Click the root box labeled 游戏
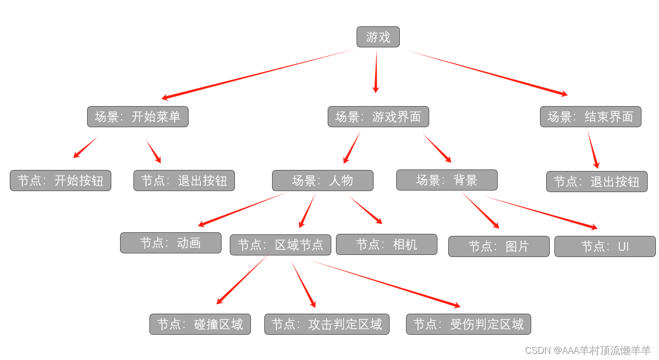tap(378, 37)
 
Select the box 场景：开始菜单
tap(138, 117)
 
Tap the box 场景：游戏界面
tap(378, 117)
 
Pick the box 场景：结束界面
tap(590, 117)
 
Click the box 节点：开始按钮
tap(60, 181)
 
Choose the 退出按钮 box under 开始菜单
tap(184, 181)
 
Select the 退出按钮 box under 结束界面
tap(597, 182)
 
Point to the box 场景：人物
tap(323, 181)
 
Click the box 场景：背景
tap(447, 180)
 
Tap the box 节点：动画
tap(171, 243)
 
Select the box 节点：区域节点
tap(280, 245)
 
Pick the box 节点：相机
tap(386, 245)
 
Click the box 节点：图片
tap(499, 247)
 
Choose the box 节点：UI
tap(605, 247)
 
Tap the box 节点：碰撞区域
tap(200, 324)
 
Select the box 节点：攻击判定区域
tap(327, 324)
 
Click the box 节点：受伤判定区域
tap(468, 324)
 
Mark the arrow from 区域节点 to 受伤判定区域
tap(384, 283)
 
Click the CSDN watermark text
tap(587, 351)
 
